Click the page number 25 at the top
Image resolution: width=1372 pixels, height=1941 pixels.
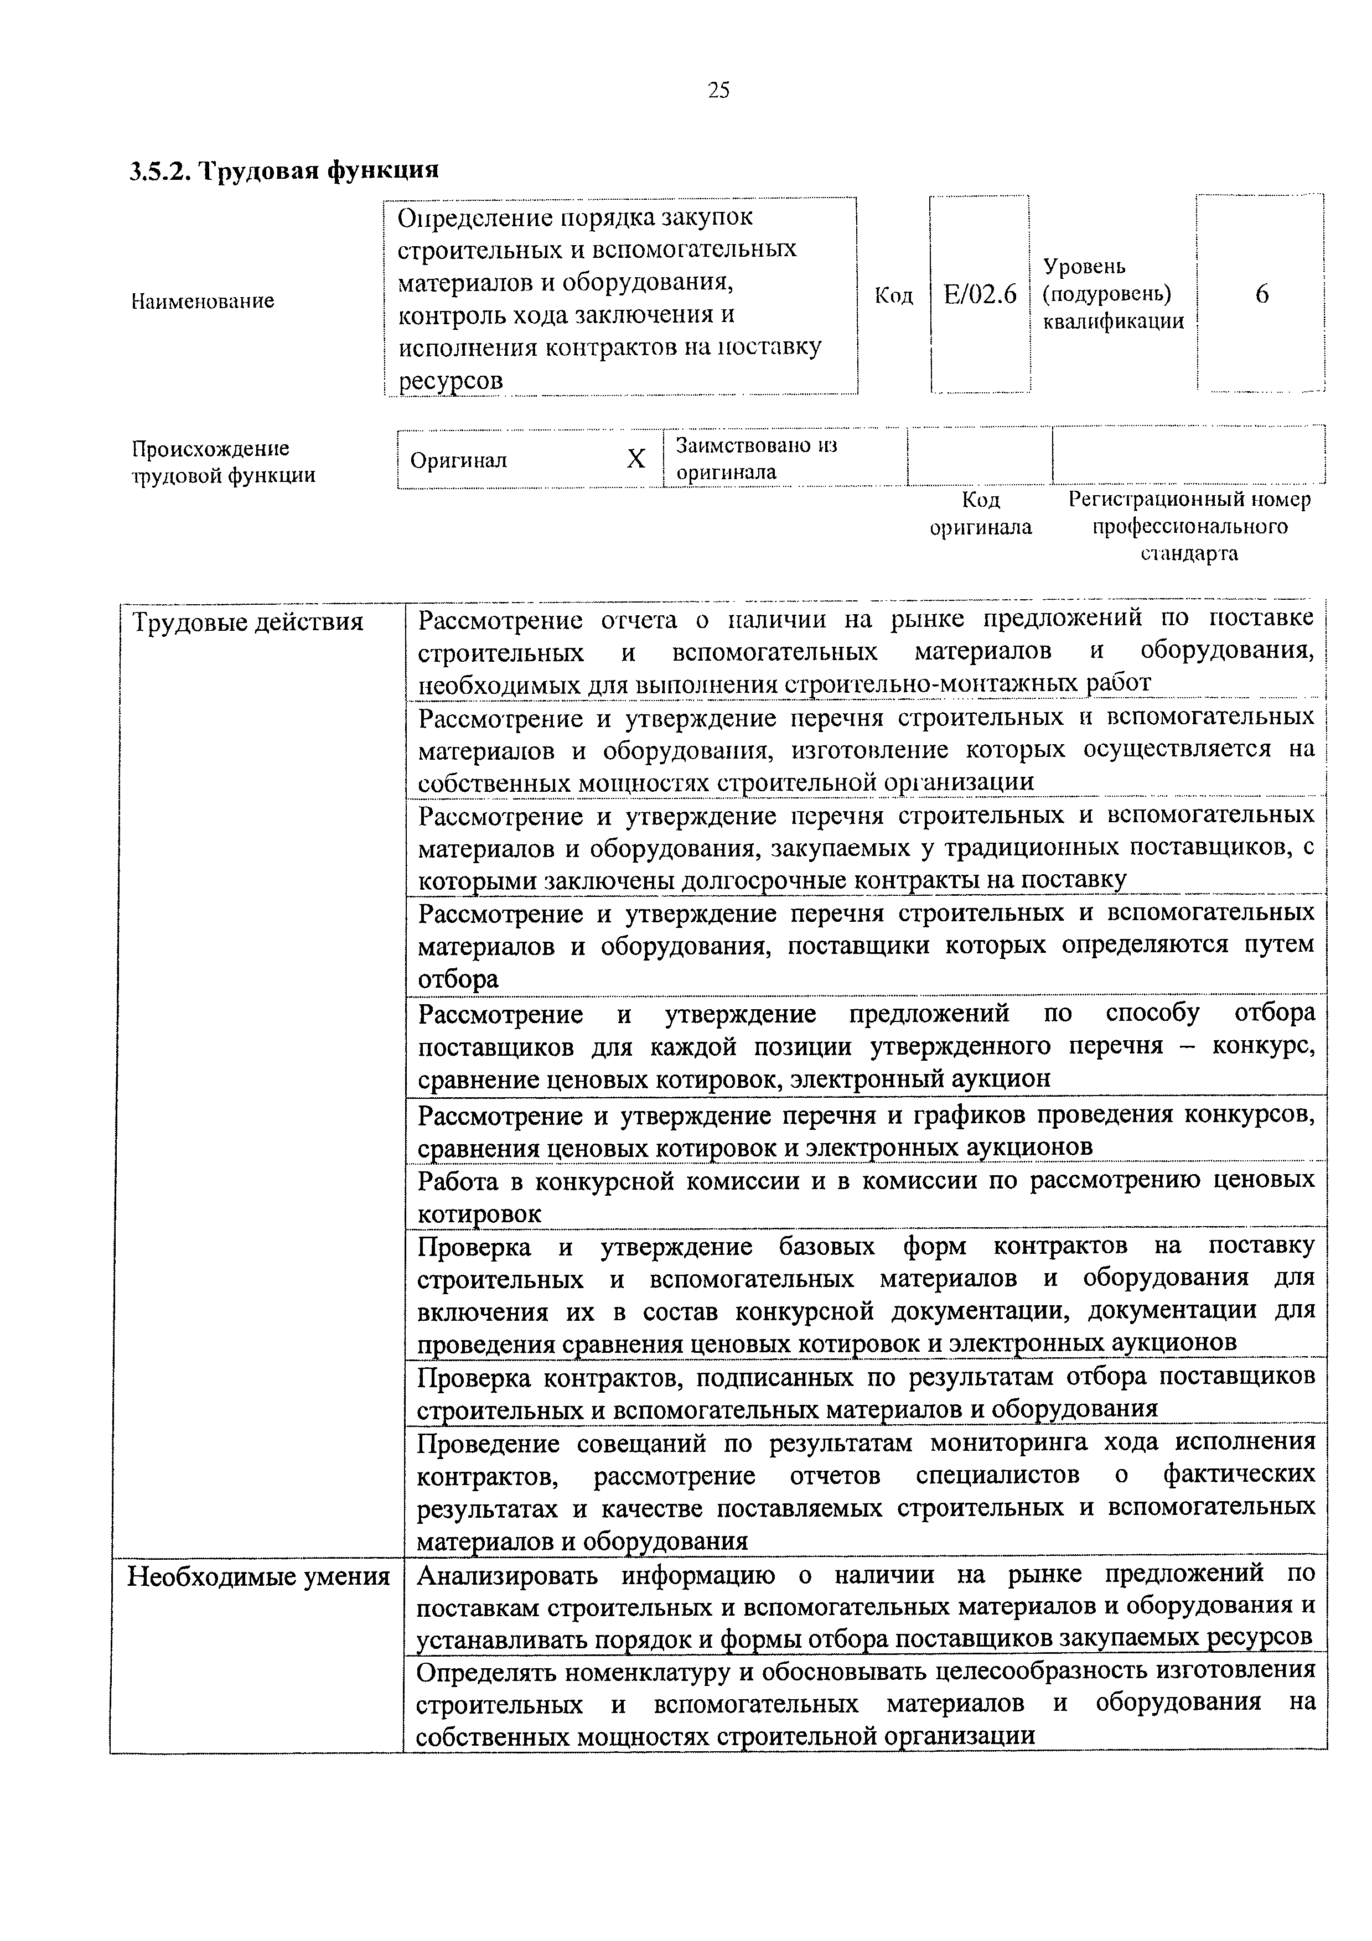point(718,90)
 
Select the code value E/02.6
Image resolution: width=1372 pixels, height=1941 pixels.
point(980,294)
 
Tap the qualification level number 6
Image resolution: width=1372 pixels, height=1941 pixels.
point(1261,294)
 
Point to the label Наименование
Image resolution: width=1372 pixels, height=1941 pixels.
point(203,301)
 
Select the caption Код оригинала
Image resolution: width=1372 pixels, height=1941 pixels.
point(981,513)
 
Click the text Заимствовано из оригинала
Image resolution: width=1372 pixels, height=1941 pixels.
point(757,458)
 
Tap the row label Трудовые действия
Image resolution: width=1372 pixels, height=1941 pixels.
point(248,623)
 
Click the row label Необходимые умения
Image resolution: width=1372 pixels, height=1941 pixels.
point(258,1576)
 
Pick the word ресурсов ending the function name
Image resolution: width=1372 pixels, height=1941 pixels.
point(451,381)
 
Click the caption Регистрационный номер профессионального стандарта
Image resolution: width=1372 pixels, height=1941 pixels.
point(1189,526)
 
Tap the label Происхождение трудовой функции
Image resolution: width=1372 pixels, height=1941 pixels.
point(223,461)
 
